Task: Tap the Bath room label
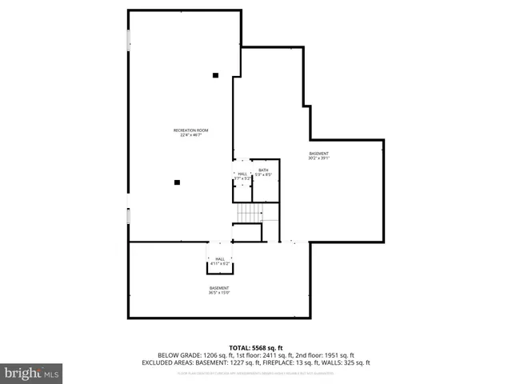pyautogui.click(x=264, y=172)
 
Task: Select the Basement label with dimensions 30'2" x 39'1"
pyautogui.click(x=318, y=155)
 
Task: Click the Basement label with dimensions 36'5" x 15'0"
pyautogui.click(x=219, y=290)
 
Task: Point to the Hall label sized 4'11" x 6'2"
pyautogui.click(x=219, y=261)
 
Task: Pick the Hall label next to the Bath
pyautogui.click(x=242, y=175)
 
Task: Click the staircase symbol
pyautogui.click(x=249, y=214)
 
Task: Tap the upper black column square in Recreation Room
pyautogui.click(x=215, y=76)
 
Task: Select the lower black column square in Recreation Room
pyautogui.click(x=177, y=182)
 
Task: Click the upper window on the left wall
pyautogui.click(x=128, y=41)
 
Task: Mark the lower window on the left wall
pyautogui.click(x=128, y=216)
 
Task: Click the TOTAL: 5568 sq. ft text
pyautogui.click(x=256, y=348)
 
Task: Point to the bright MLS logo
pyautogui.click(x=31, y=373)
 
